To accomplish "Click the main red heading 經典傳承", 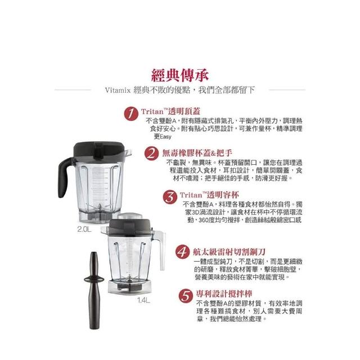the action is [x=180, y=75].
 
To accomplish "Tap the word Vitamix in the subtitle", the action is [x=118, y=90].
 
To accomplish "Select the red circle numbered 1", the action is [x=131, y=113].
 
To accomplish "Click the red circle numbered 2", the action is [x=151, y=154].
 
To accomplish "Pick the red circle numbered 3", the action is [x=170, y=197].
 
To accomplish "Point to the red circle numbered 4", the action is [x=182, y=252].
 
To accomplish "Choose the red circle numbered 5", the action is [x=186, y=296].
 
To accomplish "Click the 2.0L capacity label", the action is [x=84, y=229].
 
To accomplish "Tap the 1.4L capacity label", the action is [x=143, y=300].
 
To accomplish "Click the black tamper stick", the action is [x=94, y=290].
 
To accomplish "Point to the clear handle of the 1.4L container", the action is [x=160, y=249].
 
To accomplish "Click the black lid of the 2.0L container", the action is [x=99, y=151].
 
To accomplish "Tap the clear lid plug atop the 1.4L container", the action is [x=130, y=216].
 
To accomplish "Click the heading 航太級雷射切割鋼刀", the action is [x=229, y=252].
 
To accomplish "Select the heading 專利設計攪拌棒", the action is [x=224, y=294].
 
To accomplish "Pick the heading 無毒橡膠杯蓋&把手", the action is [x=197, y=153].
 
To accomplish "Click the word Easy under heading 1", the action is [x=165, y=137].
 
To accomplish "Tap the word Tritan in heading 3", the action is [x=191, y=195].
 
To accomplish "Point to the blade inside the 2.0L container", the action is [x=99, y=206].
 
